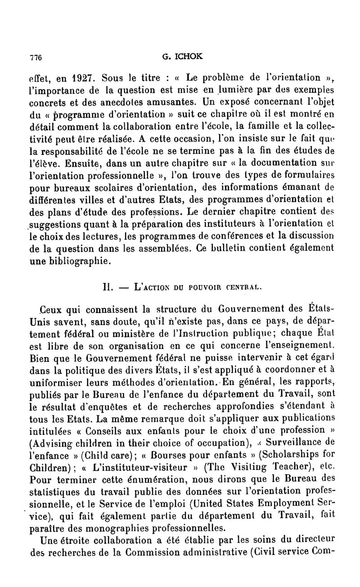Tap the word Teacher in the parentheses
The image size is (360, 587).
270,464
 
